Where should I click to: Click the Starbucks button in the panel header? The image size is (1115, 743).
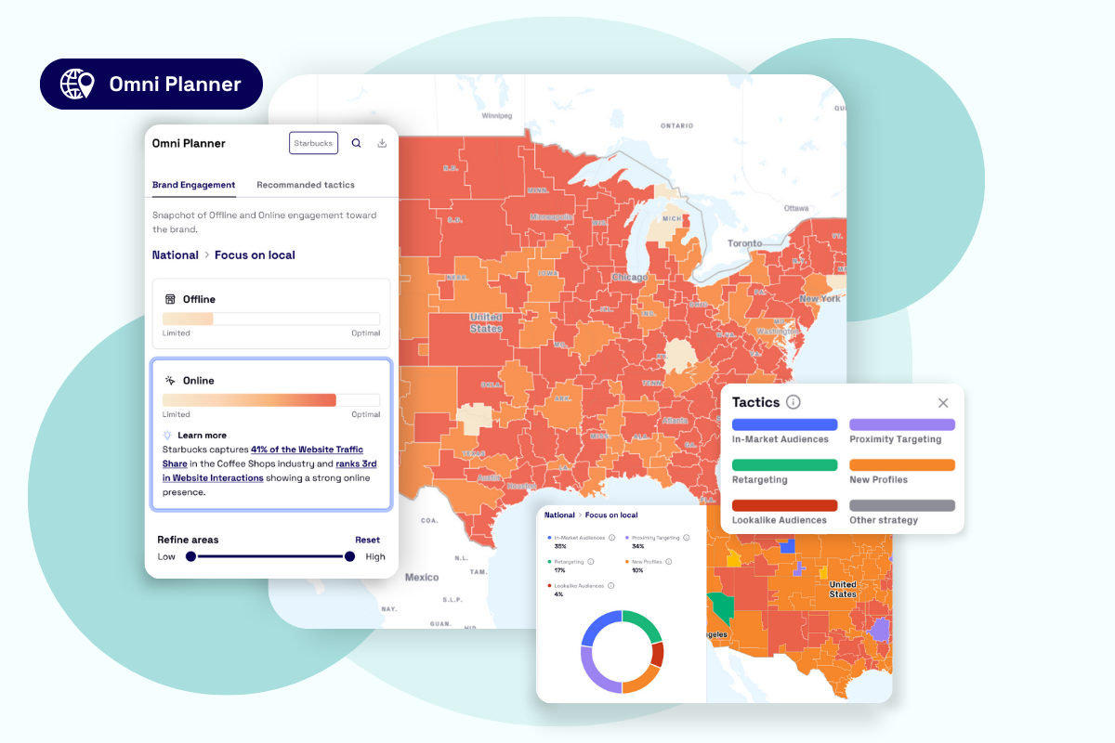coord(313,143)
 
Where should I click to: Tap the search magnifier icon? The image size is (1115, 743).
coord(357,143)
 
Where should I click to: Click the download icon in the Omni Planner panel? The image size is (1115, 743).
coord(382,143)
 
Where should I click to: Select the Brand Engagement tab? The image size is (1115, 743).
coord(193,185)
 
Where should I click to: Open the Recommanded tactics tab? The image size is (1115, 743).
coord(306,185)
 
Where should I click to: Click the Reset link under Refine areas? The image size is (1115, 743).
coord(367,540)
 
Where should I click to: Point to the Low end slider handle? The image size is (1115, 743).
coord(190,556)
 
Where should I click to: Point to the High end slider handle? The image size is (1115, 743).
coord(349,556)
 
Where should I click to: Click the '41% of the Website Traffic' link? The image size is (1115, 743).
coord(307,450)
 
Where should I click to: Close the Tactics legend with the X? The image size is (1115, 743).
coord(943,402)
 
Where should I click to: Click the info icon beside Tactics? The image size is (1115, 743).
coord(793,402)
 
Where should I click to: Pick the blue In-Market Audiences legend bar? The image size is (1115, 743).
coord(784,424)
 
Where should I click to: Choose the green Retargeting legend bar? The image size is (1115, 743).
coord(784,465)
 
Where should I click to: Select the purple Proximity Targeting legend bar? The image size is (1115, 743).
coord(901,424)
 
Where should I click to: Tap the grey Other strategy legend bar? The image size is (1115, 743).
coord(901,505)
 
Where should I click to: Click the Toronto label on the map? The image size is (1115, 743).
coord(744,243)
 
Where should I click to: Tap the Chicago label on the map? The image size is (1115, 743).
coord(629,277)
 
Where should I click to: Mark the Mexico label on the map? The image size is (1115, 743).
coord(422,577)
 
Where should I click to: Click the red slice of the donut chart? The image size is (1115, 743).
coord(657,656)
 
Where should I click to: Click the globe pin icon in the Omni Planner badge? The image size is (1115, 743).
coord(77,84)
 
